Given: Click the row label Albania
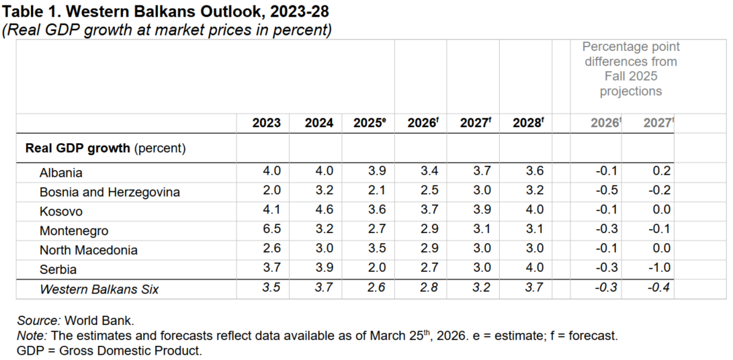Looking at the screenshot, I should (61, 173).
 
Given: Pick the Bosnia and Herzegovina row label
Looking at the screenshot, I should (110, 192).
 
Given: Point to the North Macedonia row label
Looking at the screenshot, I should (89, 250).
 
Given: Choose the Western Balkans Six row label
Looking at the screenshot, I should (99, 289).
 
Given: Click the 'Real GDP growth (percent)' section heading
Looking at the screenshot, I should (105, 148).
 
